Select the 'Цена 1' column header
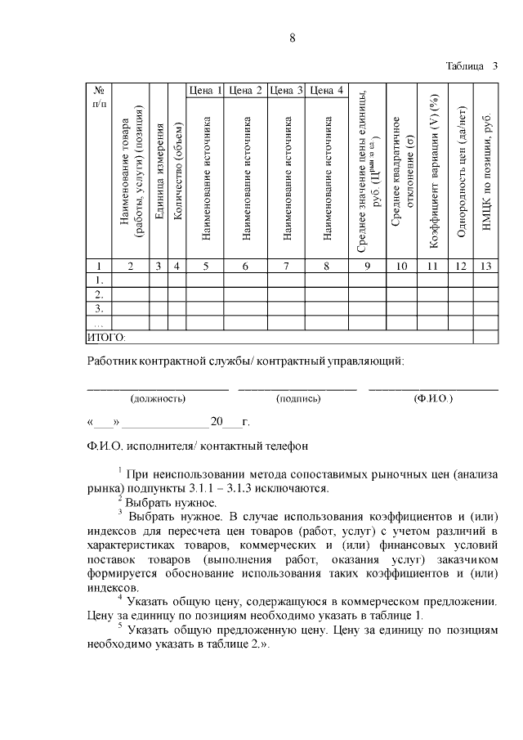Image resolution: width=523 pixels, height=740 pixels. click(205, 90)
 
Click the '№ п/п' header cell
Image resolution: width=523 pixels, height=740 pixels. click(98, 96)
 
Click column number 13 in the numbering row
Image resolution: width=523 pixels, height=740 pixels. click(486, 266)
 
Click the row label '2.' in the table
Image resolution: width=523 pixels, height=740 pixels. click(98, 294)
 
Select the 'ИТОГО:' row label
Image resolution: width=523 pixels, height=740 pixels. click(106, 336)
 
